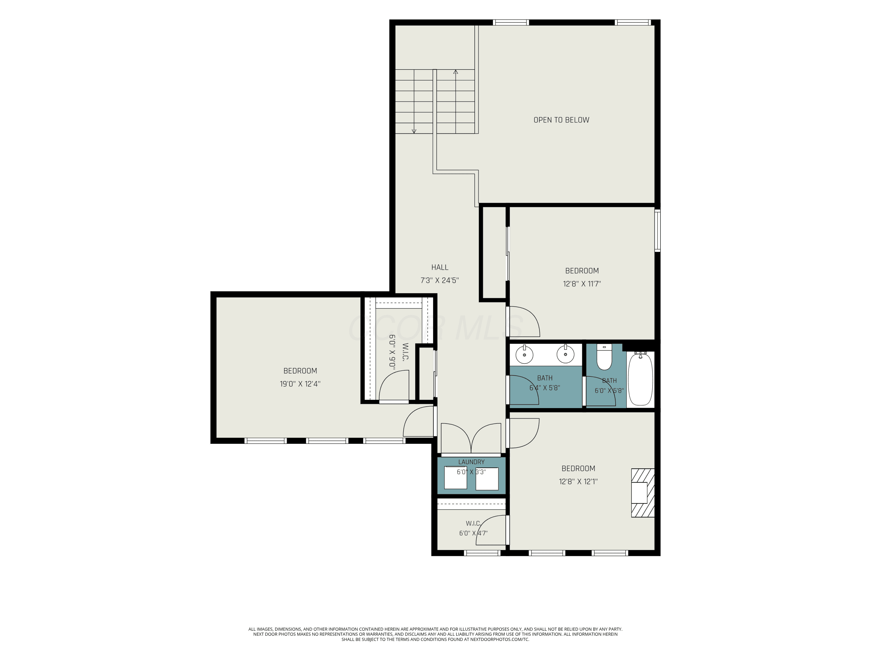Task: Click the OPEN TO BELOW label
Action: (x=561, y=120)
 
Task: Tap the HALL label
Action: (x=440, y=267)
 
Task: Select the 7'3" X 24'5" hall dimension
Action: (x=440, y=280)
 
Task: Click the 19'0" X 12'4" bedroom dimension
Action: (x=300, y=384)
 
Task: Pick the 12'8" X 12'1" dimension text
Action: (x=578, y=481)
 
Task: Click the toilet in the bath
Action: (x=604, y=357)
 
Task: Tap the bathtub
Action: (x=640, y=379)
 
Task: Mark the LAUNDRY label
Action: (x=471, y=462)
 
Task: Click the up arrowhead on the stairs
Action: (x=456, y=72)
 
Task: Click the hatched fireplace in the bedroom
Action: (x=643, y=493)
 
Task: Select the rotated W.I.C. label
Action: (x=405, y=352)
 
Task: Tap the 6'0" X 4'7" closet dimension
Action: (x=473, y=533)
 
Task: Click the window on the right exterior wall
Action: (x=657, y=230)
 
